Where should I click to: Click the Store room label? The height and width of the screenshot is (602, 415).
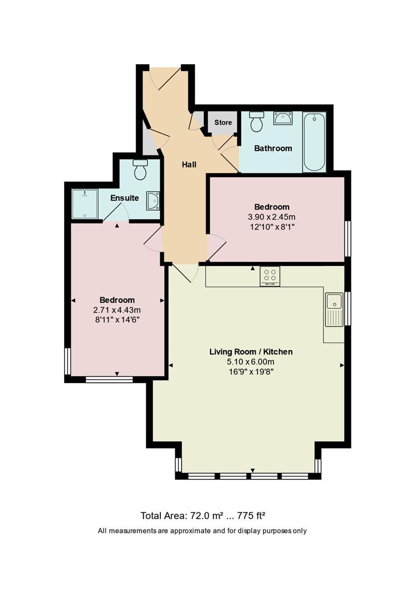click(x=223, y=123)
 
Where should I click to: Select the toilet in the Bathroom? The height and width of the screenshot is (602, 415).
click(x=257, y=122)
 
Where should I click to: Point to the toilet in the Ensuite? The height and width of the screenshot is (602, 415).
click(x=140, y=169)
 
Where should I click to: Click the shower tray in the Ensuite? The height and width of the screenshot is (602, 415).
click(x=85, y=204)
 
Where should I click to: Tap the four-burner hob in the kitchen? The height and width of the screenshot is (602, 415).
click(x=270, y=276)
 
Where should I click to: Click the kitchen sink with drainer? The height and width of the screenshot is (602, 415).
click(x=334, y=310)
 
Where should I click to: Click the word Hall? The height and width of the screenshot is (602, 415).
click(x=189, y=164)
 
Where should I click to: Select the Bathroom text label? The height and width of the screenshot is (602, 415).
click(x=273, y=148)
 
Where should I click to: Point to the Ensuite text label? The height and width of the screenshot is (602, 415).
click(x=124, y=198)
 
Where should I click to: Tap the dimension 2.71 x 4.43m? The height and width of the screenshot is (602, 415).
click(x=117, y=310)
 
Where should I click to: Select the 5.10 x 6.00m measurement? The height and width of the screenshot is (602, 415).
click(x=251, y=362)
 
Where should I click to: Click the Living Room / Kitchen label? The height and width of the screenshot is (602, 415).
click(x=251, y=352)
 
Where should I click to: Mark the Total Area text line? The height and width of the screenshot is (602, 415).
click(x=206, y=516)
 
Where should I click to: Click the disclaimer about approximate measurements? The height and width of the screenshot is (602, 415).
click(x=202, y=531)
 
